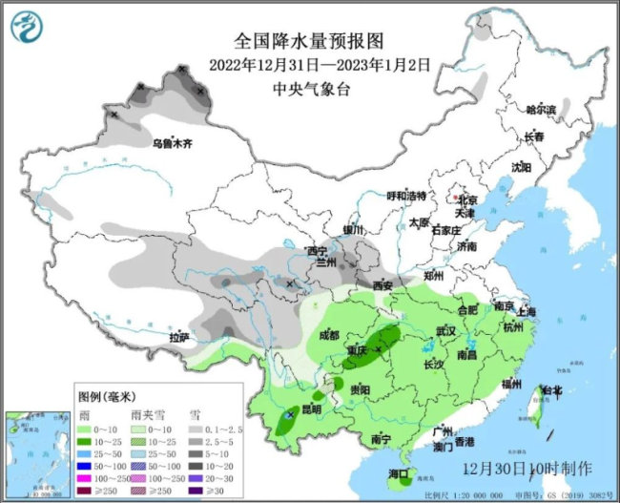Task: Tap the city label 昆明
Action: (x=311, y=409)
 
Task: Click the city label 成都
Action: (x=329, y=335)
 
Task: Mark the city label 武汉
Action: (x=445, y=330)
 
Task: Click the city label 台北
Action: (x=550, y=390)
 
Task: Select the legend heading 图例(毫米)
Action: (x=106, y=396)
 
